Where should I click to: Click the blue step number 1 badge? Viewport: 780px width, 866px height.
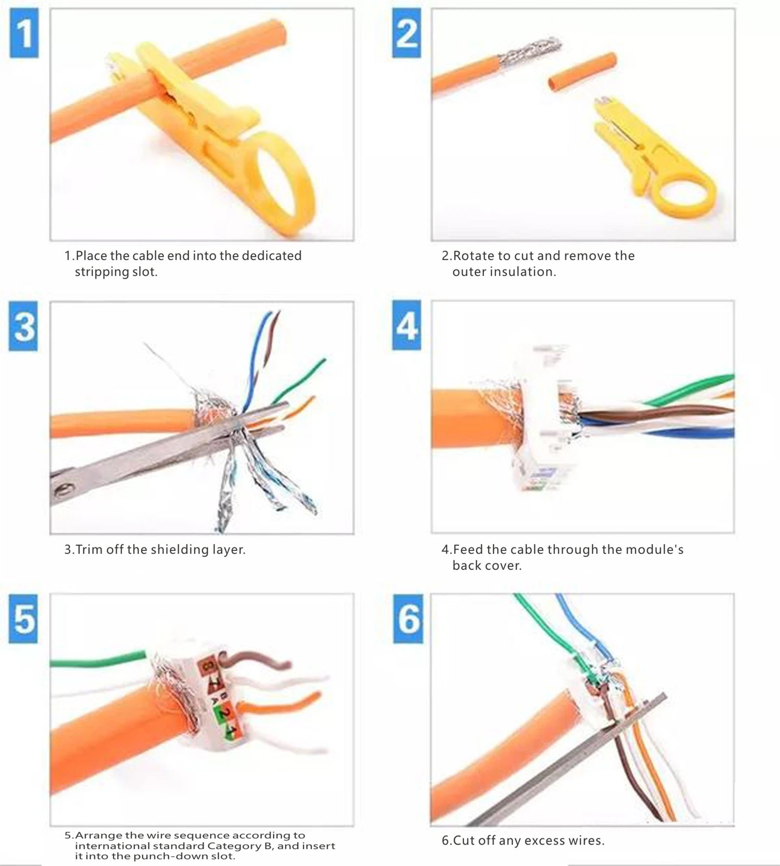(24, 33)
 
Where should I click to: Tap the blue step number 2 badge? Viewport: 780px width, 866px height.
(407, 33)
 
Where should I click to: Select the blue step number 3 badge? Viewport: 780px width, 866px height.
(23, 326)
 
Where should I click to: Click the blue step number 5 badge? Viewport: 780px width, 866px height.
(23, 618)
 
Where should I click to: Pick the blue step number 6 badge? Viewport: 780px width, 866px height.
(408, 618)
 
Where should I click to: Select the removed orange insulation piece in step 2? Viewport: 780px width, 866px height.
(582, 71)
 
